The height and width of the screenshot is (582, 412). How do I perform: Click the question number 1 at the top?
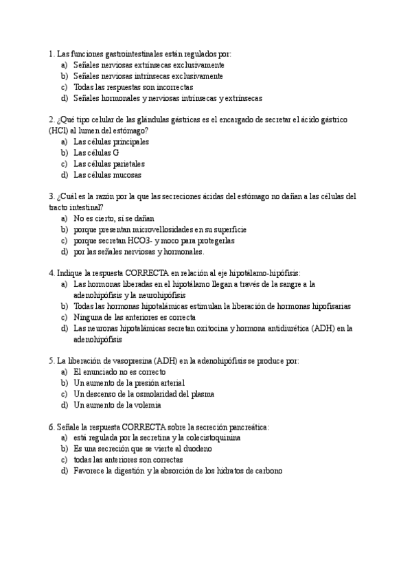click(x=51, y=54)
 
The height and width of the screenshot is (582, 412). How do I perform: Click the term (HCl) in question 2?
click(x=59, y=130)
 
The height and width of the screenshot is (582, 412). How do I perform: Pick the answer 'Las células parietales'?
click(x=109, y=164)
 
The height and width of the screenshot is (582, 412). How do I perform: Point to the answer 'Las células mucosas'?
click(x=107, y=175)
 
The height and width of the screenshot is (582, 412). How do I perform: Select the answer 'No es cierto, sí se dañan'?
click(x=114, y=218)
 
